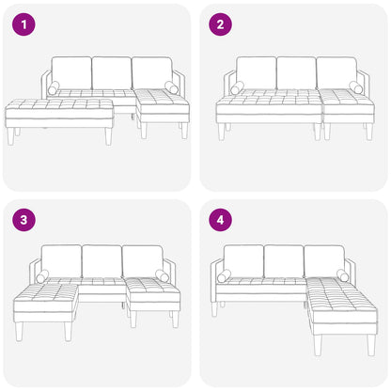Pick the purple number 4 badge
click(x=221, y=222)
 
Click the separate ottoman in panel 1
click(x=59, y=113)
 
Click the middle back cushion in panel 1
click(x=112, y=72)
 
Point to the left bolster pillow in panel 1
click(x=53, y=87)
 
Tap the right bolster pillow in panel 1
click(x=171, y=87)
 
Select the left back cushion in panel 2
click(x=256, y=72)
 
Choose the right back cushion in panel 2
click(x=336, y=72)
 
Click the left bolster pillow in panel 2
click(x=237, y=87)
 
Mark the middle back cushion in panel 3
click(x=102, y=261)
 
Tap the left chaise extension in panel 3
click(x=46, y=300)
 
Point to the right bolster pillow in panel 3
click(x=163, y=276)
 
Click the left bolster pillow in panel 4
click(x=224, y=276)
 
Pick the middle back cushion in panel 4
click(x=283, y=260)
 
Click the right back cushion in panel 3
click(x=142, y=261)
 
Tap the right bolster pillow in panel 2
click(x=356, y=87)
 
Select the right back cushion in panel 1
click(x=151, y=72)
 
